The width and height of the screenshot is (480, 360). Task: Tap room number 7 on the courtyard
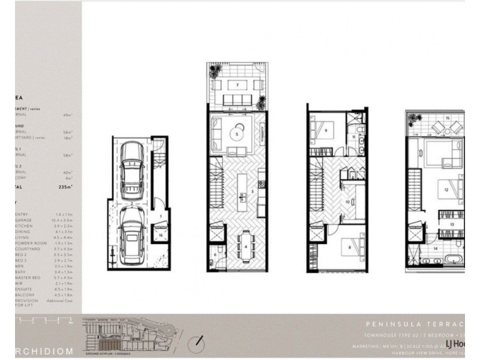click(x=238, y=85)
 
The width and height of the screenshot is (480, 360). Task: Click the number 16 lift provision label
click(x=161, y=236)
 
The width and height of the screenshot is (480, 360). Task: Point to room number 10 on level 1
click(x=347, y=202)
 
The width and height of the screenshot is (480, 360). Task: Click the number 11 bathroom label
click(x=354, y=137)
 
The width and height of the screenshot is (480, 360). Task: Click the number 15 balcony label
click(x=448, y=119)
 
